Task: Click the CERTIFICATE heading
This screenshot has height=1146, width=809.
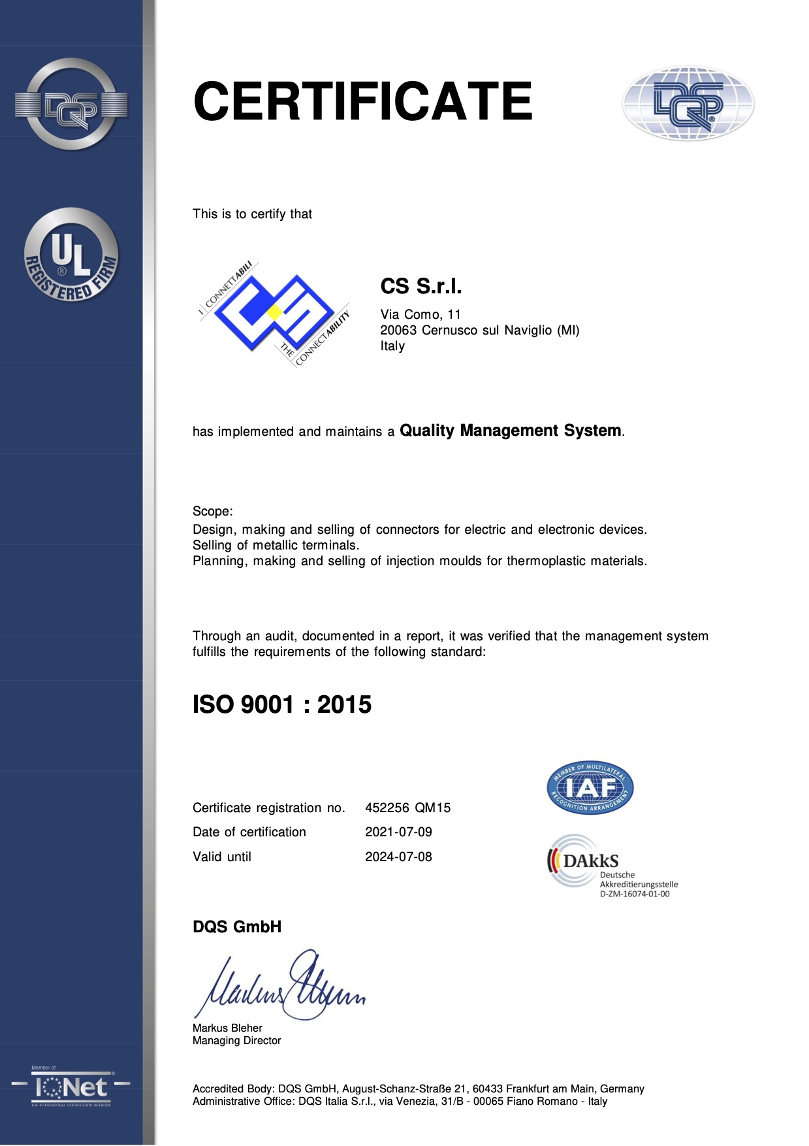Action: click(x=362, y=101)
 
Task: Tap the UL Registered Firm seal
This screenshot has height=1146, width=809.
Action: click(x=71, y=255)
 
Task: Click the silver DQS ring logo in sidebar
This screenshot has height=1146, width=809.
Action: click(x=71, y=105)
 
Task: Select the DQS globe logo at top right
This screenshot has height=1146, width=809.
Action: click(x=688, y=103)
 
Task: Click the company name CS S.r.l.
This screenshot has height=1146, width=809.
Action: click(x=421, y=286)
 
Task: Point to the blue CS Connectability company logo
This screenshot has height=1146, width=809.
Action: click(x=274, y=313)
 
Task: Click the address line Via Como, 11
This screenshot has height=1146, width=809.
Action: click(x=420, y=314)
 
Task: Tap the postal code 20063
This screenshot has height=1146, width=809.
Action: click(x=398, y=331)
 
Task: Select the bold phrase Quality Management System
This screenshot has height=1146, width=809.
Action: click(x=510, y=431)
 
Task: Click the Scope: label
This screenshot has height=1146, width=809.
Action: click(x=212, y=512)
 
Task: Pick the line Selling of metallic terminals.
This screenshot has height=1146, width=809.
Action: click(x=276, y=545)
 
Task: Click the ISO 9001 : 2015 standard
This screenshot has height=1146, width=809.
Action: click(x=282, y=704)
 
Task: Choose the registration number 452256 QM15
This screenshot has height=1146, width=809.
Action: click(x=408, y=808)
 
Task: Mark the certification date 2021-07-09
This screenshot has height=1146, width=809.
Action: click(x=398, y=832)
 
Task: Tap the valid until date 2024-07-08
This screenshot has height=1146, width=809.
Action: click(x=398, y=857)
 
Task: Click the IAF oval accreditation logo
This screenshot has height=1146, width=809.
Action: click(x=590, y=788)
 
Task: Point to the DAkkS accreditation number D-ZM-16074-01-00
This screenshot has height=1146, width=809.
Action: click(x=635, y=894)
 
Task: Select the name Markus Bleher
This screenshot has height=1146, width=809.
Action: click(x=227, y=1028)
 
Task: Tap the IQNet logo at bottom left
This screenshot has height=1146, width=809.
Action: click(x=71, y=1087)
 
